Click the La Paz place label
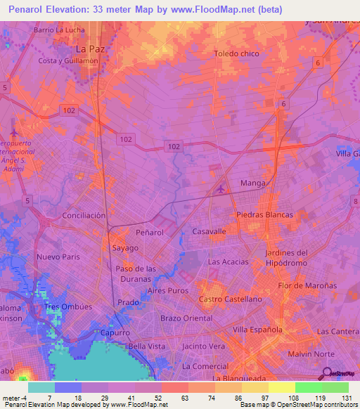(x=89, y=48)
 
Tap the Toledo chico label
(x=236, y=53)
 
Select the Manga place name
(x=252, y=183)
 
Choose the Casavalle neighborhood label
(x=209, y=231)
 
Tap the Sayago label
(x=125, y=248)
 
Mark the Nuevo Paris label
(x=59, y=257)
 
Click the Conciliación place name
(x=84, y=215)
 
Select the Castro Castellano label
(x=230, y=299)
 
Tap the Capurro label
(x=115, y=332)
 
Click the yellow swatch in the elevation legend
(x=281, y=387)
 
